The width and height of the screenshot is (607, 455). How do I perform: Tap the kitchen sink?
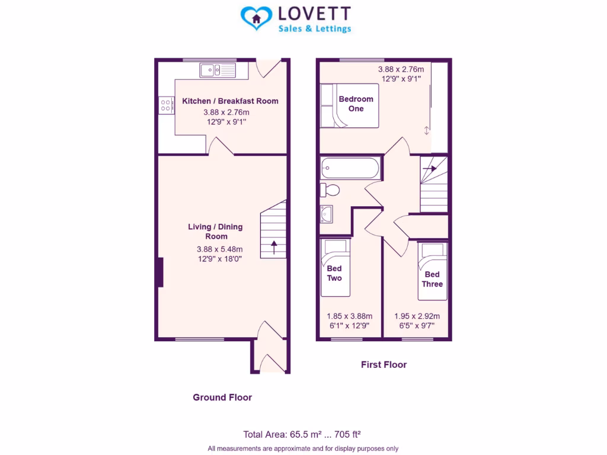coord(218,71)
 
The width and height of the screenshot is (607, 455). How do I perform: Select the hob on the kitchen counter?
coord(166,105)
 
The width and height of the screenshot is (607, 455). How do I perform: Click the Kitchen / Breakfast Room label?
coord(230,101)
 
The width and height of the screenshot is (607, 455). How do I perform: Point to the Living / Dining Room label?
coord(215,232)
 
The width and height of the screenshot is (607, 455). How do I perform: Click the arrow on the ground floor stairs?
coord(274,246)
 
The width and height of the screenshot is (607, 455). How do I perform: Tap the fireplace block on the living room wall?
coord(160,273)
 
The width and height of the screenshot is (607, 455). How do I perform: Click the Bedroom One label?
coord(356,104)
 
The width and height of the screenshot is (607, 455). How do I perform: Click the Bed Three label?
coord(432,279)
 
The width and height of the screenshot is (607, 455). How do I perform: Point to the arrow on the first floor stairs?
coord(430,169)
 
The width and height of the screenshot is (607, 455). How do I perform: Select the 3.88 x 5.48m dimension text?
coord(219,249)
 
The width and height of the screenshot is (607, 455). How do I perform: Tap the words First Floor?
coord(384,364)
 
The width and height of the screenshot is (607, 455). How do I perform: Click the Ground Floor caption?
coord(222,397)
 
